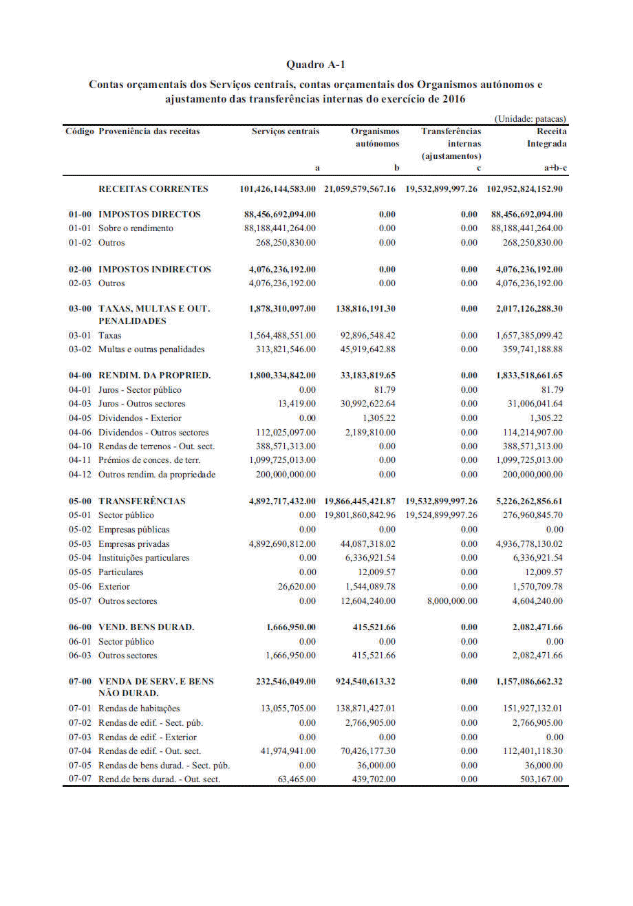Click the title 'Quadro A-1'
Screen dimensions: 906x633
click(316, 65)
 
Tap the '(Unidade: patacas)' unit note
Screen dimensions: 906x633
click(530, 118)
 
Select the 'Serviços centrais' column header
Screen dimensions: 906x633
click(285, 131)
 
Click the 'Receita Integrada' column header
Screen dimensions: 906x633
click(547, 138)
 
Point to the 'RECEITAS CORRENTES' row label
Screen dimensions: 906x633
click(153, 189)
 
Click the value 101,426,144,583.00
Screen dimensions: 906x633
click(278, 189)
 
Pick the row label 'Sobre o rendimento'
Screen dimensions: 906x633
click(136, 228)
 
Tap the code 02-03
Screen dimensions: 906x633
click(79, 283)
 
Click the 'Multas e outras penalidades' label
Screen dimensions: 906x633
click(151, 349)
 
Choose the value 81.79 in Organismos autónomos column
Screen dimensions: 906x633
click(385, 390)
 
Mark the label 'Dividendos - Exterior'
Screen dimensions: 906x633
click(140, 418)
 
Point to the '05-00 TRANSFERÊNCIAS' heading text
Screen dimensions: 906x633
click(142, 501)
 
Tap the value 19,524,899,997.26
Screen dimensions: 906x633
click(441, 515)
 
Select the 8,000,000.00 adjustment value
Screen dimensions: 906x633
click(452, 601)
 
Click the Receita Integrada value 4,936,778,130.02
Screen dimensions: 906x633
click(526, 544)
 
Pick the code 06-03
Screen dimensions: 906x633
click(79, 656)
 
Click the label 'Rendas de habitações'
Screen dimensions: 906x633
click(139, 709)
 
